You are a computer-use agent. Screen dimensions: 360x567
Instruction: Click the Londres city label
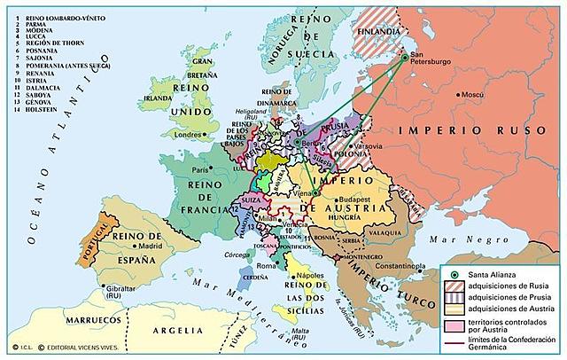point(189,136)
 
